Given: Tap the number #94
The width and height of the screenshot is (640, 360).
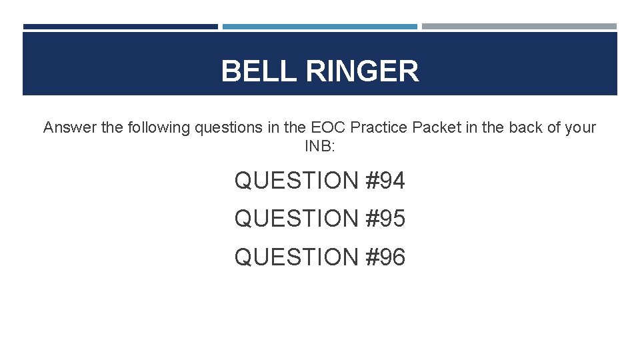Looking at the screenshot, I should (x=386, y=181).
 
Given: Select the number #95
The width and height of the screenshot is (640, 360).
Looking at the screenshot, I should (x=386, y=219).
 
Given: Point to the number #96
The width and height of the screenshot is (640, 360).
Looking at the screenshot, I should (x=386, y=257).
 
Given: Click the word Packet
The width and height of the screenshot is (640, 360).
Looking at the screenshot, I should (x=435, y=127).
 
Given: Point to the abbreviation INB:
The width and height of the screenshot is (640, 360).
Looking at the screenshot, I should (x=321, y=146).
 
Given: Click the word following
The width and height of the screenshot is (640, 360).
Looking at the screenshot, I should (x=157, y=127).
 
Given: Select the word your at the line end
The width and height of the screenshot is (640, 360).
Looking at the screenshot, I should (x=579, y=127).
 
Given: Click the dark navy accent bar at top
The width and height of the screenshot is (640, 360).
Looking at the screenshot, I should (x=121, y=27).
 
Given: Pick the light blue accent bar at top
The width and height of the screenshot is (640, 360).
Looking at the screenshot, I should (x=320, y=27).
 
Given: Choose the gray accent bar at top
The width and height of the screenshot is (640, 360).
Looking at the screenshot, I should (x=519, y=27).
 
